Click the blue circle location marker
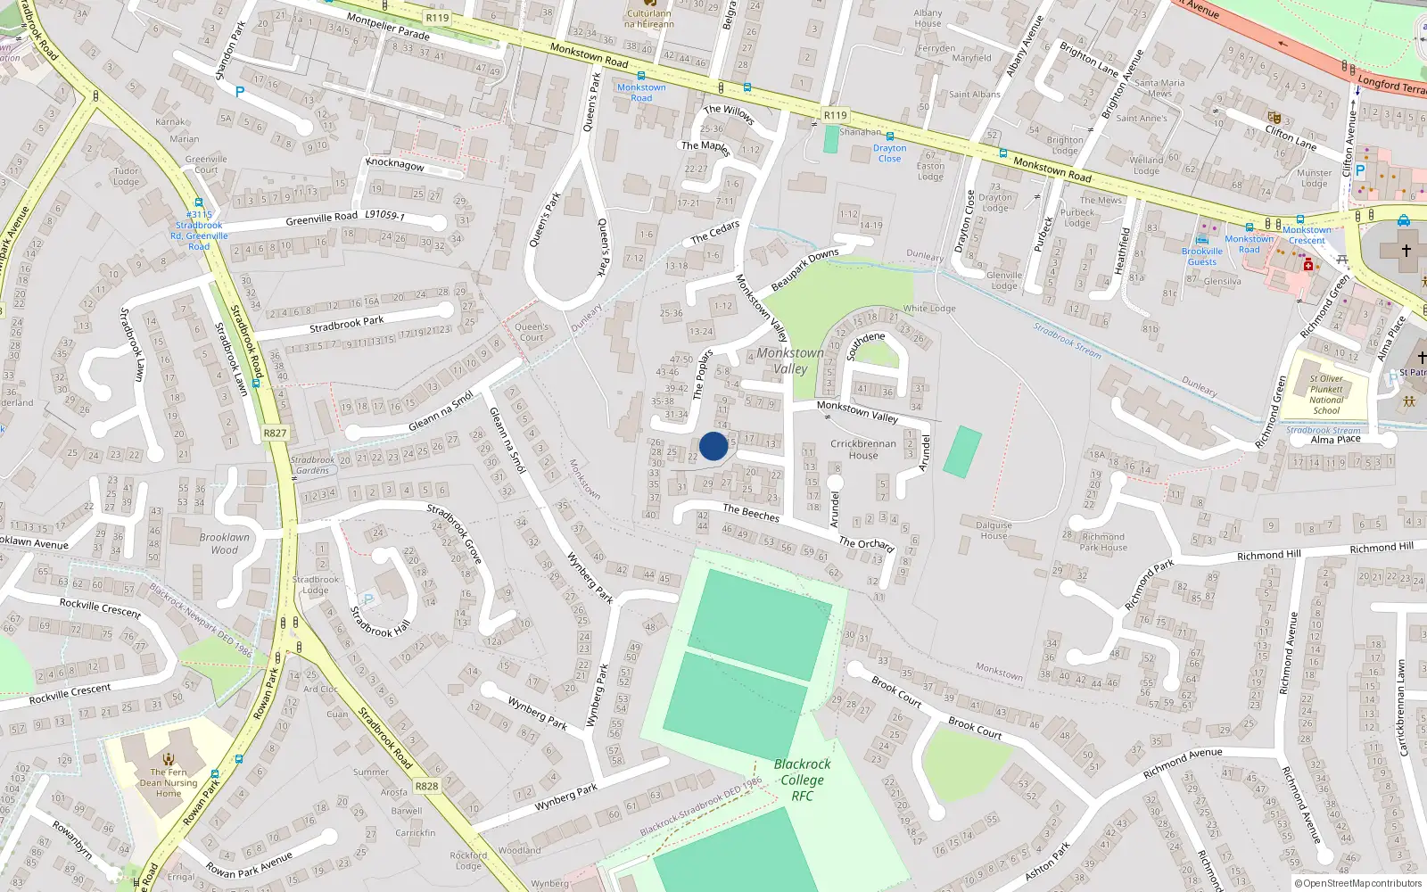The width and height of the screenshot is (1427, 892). tap(713, 446)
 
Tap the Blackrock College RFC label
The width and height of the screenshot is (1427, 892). tap(802, 780)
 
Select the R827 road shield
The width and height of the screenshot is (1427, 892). tap(275, 434)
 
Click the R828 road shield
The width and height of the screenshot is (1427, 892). tap(426, 786)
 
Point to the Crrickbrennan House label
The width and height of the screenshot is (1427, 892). tap(863, 450)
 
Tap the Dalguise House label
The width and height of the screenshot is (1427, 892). tap(994, 531)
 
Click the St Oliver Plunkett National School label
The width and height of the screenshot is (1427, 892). tap(1326, 394)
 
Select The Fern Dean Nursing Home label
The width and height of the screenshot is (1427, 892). tap(169, 783)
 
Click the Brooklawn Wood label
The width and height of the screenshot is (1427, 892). tap(225, 543)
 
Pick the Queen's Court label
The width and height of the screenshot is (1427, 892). tap(532, 332)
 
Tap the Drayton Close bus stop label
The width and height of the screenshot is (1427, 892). tap(889, 153)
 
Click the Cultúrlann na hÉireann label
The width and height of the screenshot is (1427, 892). tap(649, 19)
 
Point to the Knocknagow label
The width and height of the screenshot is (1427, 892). tap(395, 165)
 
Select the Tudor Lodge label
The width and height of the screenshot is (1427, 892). tap(126, 176)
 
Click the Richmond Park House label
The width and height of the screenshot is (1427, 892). tap(1103, 542)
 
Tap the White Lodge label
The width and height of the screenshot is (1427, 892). tap(929, 309)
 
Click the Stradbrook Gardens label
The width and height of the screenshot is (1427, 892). tap(312, 465)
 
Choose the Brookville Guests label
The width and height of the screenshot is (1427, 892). tap(1201, 257)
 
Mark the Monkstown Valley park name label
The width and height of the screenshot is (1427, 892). tap(790, 360)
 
